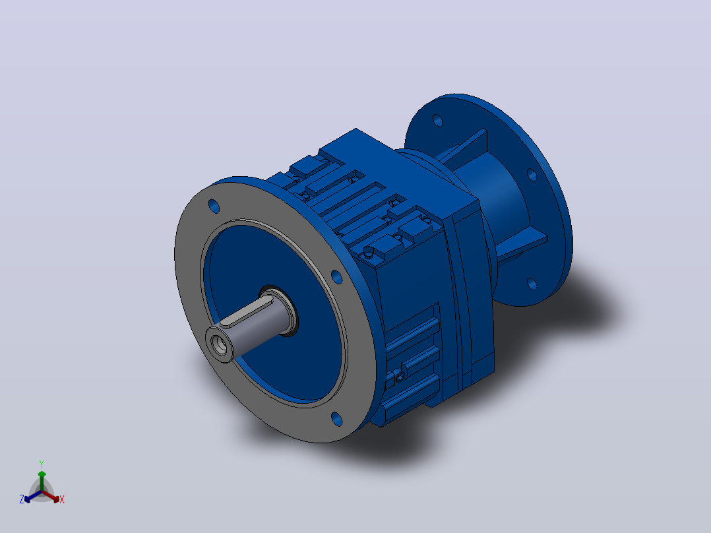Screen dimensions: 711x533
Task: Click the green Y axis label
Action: coord(42,464)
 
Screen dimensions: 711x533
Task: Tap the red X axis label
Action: coord(62,499)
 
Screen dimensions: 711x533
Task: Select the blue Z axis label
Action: coord(22,499)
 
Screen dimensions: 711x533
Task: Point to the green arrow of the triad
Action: coord(42,480)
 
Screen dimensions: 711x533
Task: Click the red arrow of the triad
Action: coord(51,496)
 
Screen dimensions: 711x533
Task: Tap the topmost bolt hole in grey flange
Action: coord(214,206)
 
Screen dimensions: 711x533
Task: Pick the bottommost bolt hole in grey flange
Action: coord(337,419)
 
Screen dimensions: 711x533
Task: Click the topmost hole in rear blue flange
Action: coord(437,120)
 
